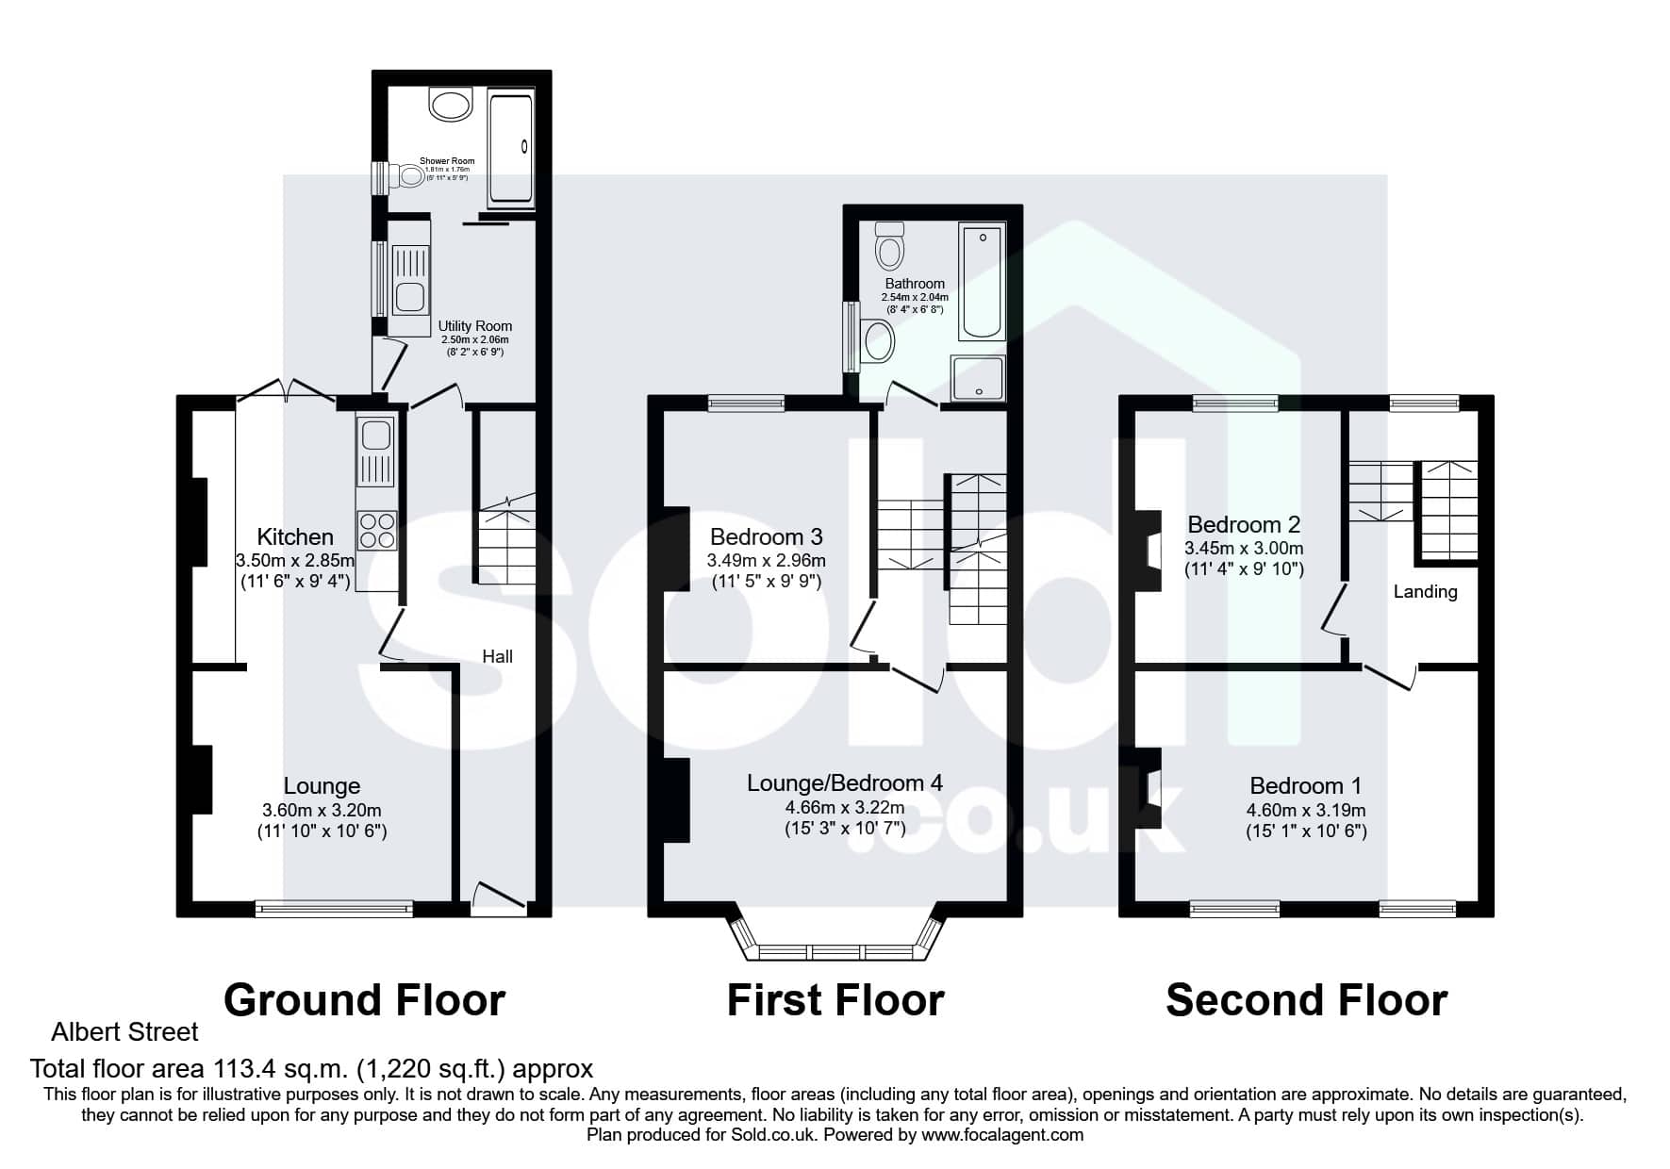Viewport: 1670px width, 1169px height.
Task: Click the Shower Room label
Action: (447, 161)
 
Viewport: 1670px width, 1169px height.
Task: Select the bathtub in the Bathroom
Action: (982, 281)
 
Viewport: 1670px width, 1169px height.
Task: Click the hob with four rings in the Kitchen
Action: (377, 530)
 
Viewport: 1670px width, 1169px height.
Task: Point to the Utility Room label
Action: (475, 326)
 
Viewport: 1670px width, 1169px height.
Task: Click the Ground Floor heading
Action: (365, 1000)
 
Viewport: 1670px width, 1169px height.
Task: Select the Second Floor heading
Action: (1307, 1000)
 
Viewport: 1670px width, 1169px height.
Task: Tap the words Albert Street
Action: (124, 1032)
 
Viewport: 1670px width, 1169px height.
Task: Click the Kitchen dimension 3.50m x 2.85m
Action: (295, 560)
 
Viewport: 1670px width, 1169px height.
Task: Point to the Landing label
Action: (1426, 592)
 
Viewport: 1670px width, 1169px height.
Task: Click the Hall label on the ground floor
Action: (498, 656)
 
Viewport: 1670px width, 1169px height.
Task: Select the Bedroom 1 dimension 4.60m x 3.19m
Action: (1306, 810)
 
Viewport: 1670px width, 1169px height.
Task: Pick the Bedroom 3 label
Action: (767, 537)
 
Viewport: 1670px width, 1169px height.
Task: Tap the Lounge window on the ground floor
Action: (334, 909)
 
